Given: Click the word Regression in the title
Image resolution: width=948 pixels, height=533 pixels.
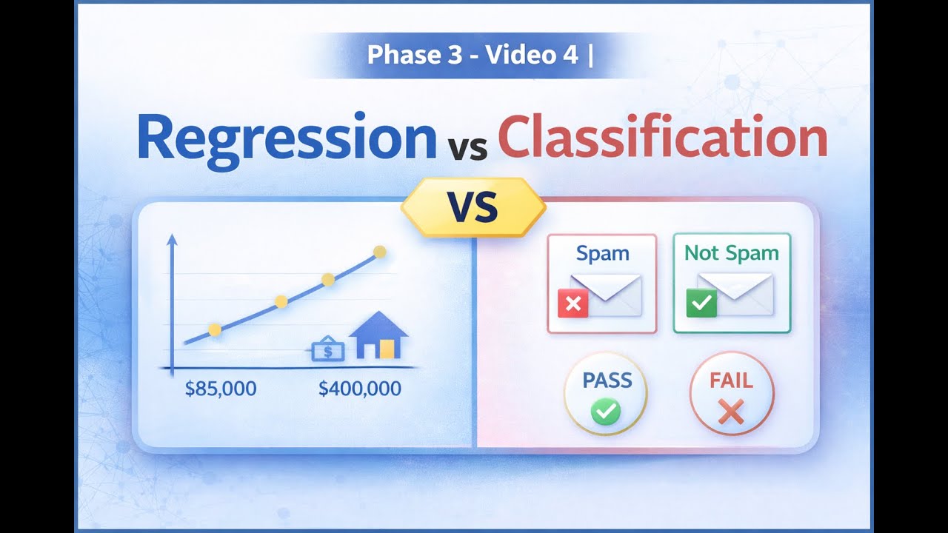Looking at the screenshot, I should (287, 138).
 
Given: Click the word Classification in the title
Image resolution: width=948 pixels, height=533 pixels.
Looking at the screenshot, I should (663, 138).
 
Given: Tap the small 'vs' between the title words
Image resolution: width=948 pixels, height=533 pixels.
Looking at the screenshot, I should (467, 145).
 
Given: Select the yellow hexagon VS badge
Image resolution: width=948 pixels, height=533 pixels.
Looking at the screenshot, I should (473, 207).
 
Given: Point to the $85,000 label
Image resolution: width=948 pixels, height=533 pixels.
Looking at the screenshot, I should (221, 388).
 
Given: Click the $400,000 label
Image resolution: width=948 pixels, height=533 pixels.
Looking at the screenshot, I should (360, 388).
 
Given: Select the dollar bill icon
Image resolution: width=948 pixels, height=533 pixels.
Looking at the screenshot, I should (327, 349).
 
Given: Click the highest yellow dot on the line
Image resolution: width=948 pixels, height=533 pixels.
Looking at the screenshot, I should (379, 252).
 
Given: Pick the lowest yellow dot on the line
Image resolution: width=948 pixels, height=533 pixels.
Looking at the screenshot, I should (215, 330).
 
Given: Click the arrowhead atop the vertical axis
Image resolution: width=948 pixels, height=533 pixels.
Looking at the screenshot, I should (172, 239).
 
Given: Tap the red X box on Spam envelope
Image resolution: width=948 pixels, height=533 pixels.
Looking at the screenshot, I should (573, 303).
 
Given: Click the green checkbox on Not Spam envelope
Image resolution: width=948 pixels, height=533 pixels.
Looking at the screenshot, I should (701, 303).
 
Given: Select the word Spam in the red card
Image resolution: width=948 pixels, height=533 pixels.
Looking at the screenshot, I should (602, 253).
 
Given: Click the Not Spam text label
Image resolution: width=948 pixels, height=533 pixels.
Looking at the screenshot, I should (731, 253).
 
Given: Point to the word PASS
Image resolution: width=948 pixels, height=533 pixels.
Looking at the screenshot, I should (607, 381).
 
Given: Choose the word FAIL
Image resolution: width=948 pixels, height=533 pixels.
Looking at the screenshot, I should (731, 381).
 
